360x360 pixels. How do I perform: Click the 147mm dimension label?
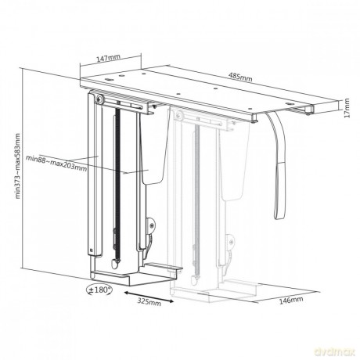(x=108, y=58)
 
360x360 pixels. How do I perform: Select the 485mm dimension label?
(x=240, y=77)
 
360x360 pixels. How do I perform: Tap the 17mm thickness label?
(x=347, y=108)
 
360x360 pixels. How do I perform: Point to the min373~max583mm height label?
(x=18, y=166)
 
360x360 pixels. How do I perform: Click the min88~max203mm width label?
(x=56, y=163)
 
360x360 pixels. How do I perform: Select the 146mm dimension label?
(x=291, y=301)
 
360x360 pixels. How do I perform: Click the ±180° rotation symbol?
(x=99, y=290)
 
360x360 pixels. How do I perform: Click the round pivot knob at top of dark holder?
(x=99, y=99)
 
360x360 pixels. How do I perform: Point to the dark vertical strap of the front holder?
(x=117, y=185)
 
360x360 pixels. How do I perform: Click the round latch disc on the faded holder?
(x=230, y=241)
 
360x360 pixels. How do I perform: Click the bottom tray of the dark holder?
(x=131, y=275)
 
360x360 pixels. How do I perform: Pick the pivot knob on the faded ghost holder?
(x=179, y=115)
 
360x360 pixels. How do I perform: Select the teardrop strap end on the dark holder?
(x=115, y=264)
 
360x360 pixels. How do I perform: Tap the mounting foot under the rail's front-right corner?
(x=254, y=117)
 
